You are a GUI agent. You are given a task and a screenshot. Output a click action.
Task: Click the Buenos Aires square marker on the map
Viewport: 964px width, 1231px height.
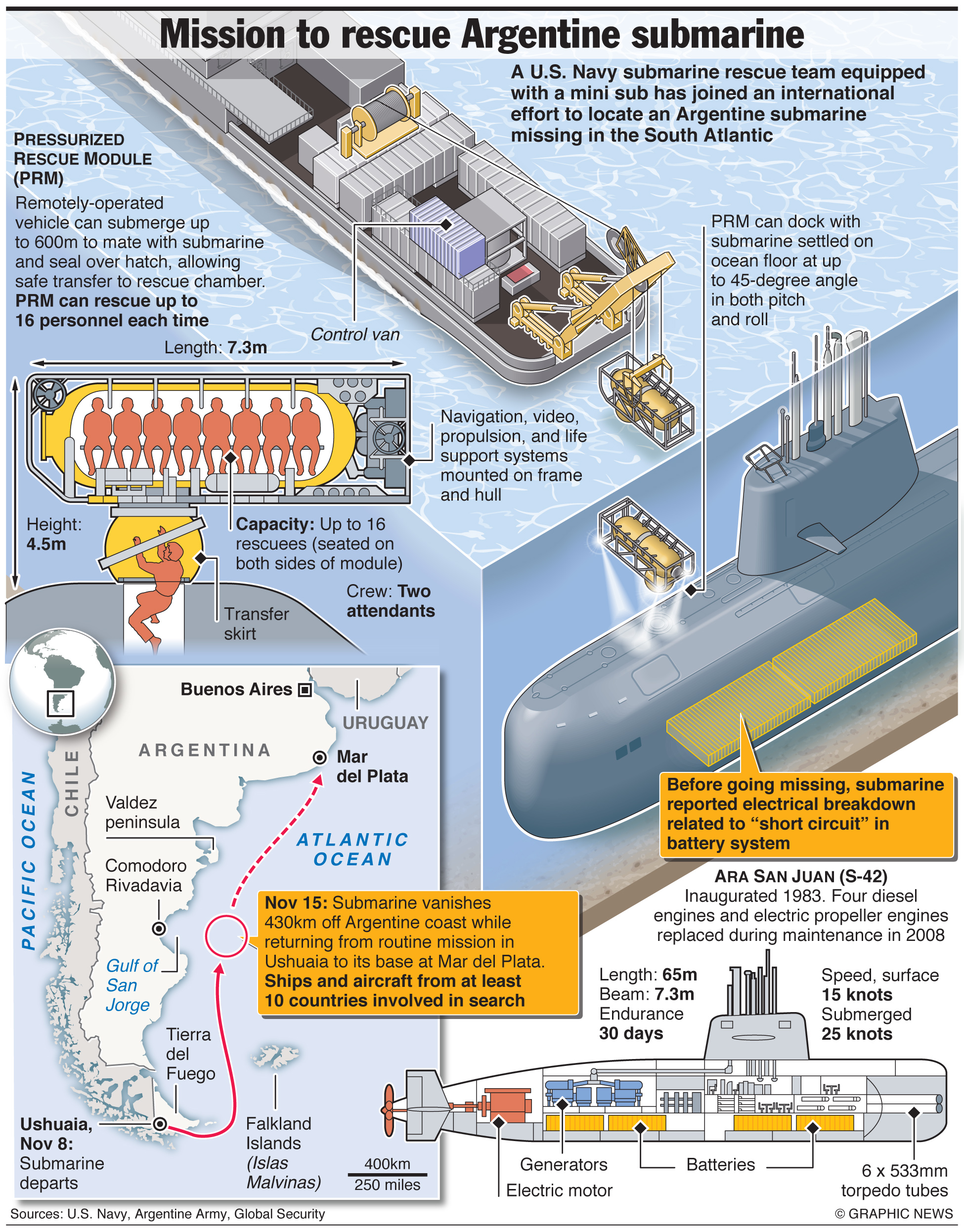[x=305, y=689]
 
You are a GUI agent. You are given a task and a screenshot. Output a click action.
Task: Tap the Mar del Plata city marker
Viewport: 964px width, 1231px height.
[x=319, y=758]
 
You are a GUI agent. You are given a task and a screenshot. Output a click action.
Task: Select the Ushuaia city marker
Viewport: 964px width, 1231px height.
[x=160, y=1124]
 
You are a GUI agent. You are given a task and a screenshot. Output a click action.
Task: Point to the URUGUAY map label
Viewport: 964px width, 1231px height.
[x=386, y=722]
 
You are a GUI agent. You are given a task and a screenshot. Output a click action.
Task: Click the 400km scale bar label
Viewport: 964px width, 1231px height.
[x=387, y=1164]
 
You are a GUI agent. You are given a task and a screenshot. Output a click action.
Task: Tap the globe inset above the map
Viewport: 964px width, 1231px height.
[x=62, y=681]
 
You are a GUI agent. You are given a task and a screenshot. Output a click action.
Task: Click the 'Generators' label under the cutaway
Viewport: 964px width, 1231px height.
[x=563, y=1164]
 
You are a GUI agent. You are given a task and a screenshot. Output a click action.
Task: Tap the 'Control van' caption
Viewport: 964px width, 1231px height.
[x=355, y=335]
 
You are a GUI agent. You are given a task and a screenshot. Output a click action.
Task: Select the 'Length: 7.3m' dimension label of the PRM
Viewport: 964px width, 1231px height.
[x=216, y=347]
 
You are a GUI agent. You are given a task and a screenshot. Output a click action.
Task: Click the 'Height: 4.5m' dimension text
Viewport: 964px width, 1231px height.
[x=53, y=534]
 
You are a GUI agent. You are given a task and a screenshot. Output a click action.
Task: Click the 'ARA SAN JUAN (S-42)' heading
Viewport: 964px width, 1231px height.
[x=800, y=876]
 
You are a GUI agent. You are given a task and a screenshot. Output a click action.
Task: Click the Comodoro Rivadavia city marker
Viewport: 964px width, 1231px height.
[x=159, y=928]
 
